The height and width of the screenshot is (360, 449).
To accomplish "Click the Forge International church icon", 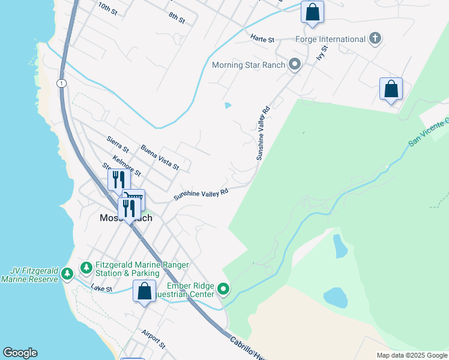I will point(376,39).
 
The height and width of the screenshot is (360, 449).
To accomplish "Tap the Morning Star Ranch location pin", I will point(295,64).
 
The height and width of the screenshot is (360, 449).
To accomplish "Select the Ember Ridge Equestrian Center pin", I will point(224,290).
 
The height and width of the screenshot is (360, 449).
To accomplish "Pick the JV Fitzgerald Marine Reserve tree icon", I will point(67,275).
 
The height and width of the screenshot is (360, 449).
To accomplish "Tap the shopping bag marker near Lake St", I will point(144,292).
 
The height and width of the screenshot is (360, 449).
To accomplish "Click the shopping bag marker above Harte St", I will point(312,13).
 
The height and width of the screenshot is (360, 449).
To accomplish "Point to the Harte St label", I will point(262,40).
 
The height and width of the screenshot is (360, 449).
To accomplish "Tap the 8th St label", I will point(176,18).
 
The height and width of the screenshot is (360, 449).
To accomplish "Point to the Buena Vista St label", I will point(160,157).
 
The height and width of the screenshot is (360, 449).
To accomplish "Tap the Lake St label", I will point(102,289).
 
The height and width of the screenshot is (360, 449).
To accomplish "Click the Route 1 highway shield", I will point(61,83).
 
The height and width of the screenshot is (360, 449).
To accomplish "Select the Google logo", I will point(20,353).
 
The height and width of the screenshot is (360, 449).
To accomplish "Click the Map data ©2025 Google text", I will point(411,355).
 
